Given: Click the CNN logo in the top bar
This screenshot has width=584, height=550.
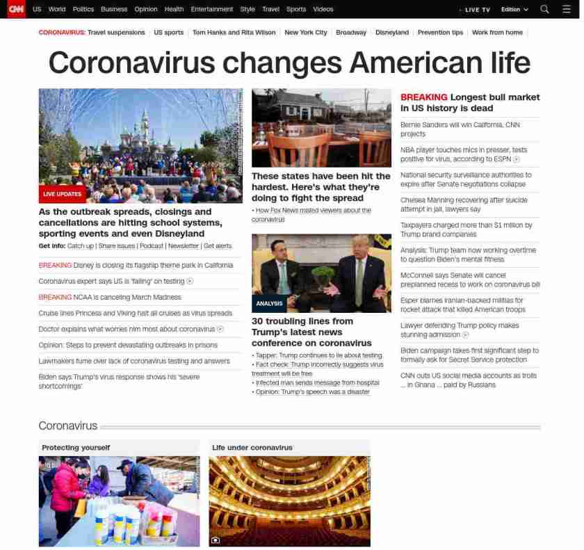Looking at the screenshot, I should click(x=16, y=9).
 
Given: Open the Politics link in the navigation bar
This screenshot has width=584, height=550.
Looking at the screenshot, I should click(x=83, y=10).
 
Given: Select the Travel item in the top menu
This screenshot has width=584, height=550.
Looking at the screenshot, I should click(x=270, y=10).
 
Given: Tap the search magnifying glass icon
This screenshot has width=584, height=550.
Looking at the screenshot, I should click(x=544, y=9).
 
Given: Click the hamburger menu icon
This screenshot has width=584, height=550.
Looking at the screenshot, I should click(x=566, y=9).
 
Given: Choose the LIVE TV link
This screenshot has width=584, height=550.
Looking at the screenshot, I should click(x=477, y=10).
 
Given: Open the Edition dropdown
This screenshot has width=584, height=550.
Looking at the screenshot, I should click(x=514, y=10).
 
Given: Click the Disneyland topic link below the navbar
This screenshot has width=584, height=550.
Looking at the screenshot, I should click(x=391, y=33).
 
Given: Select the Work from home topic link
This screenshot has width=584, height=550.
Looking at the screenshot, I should click(x=497, y=33).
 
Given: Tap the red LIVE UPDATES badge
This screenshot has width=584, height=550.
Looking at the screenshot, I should click(x=62, y=194).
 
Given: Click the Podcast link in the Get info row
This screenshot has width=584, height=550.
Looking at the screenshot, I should click(x=151, y=246).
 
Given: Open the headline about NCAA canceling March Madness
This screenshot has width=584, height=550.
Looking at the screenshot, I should click(x=110, y=297).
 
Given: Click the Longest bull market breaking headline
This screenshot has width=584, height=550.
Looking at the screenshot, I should click(x=470, y=102).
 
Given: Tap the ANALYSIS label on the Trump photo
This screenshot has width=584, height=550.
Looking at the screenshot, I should click(x=269, y=304).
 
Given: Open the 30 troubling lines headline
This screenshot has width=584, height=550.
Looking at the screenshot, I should click(x=311, y=332).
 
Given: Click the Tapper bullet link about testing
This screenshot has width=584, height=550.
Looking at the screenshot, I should click(x=318, y=355).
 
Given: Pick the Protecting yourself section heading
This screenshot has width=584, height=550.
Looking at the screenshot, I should click(x=76, y=448).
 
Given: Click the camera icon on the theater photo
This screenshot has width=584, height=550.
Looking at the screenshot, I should click(x=216, y=540).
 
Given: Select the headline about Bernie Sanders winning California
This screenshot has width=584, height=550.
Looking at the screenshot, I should click(x=460, y=129).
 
